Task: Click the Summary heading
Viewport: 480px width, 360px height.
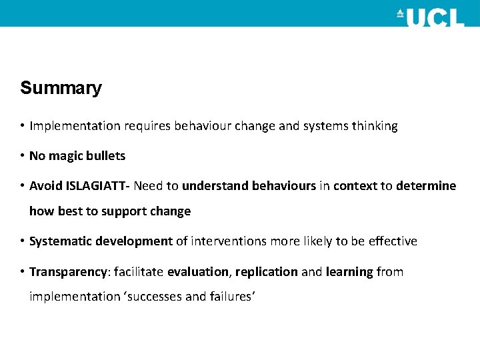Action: tap(61, 88)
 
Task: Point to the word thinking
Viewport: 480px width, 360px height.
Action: tap(374, 126)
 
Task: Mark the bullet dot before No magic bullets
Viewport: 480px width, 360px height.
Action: tap(22, 156)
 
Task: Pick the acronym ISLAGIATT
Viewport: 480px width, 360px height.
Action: tap(97, 186)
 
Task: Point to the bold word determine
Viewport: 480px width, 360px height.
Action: tap(426, 186)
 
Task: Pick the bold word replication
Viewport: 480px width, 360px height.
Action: tap(267, 272)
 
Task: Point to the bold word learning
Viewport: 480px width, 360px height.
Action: tap(349, 272)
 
